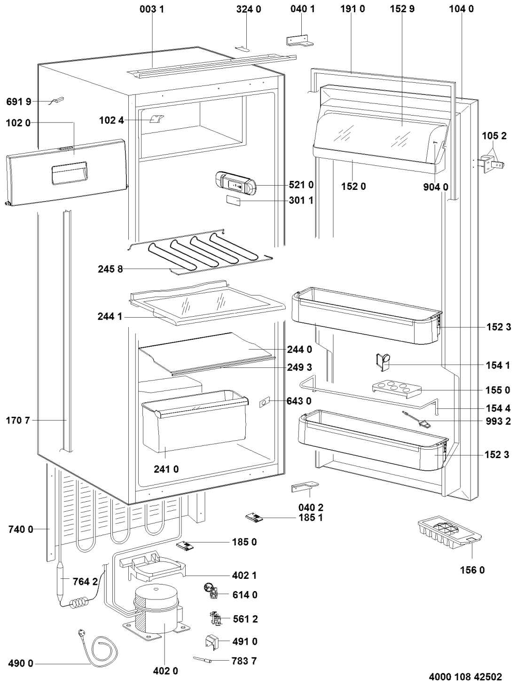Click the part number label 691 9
(18, 101)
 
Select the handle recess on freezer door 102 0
(69, 173)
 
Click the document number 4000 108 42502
(465, 677)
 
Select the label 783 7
(245, 661)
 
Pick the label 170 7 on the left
(18, 421)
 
